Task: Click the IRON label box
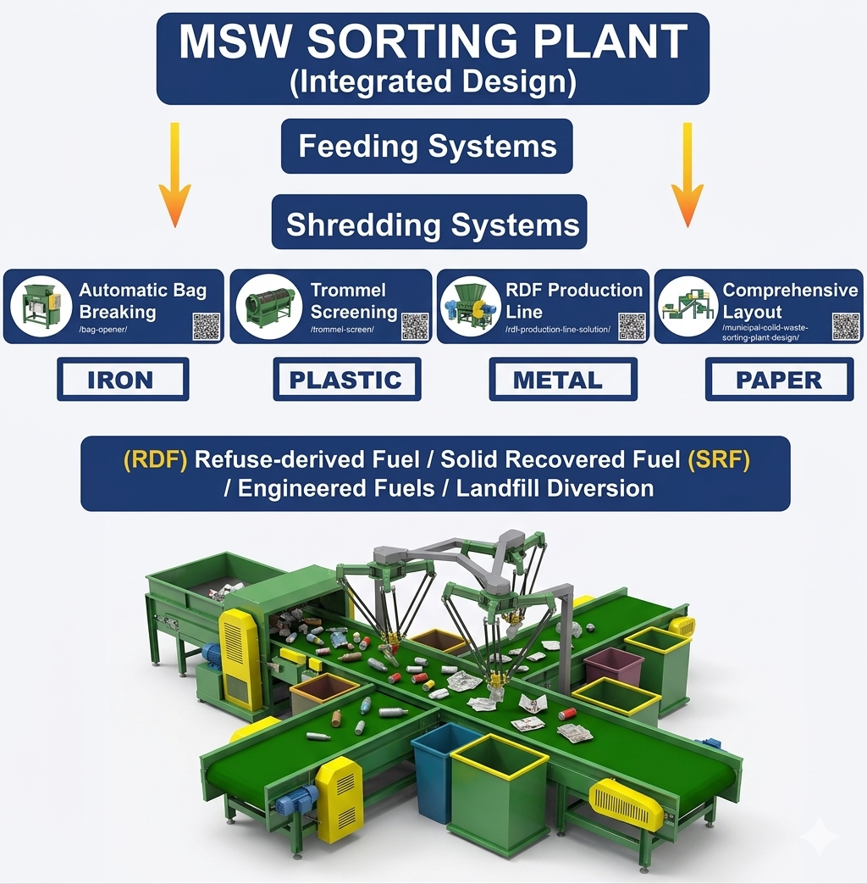123,380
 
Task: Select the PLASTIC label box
347,380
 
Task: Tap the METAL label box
563,380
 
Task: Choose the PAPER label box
779,380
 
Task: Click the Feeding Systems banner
428,146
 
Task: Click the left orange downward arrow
174,174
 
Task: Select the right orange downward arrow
687,174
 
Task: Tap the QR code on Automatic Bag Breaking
206,325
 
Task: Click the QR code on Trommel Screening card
414,325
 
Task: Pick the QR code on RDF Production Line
632,325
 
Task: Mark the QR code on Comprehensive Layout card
845,325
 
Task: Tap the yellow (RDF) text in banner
155,459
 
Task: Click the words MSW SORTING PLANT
432,42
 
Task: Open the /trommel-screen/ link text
341,329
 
